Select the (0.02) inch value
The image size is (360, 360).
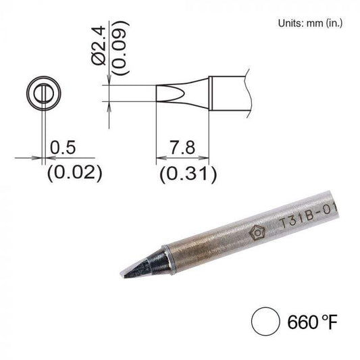coord(74,174)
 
